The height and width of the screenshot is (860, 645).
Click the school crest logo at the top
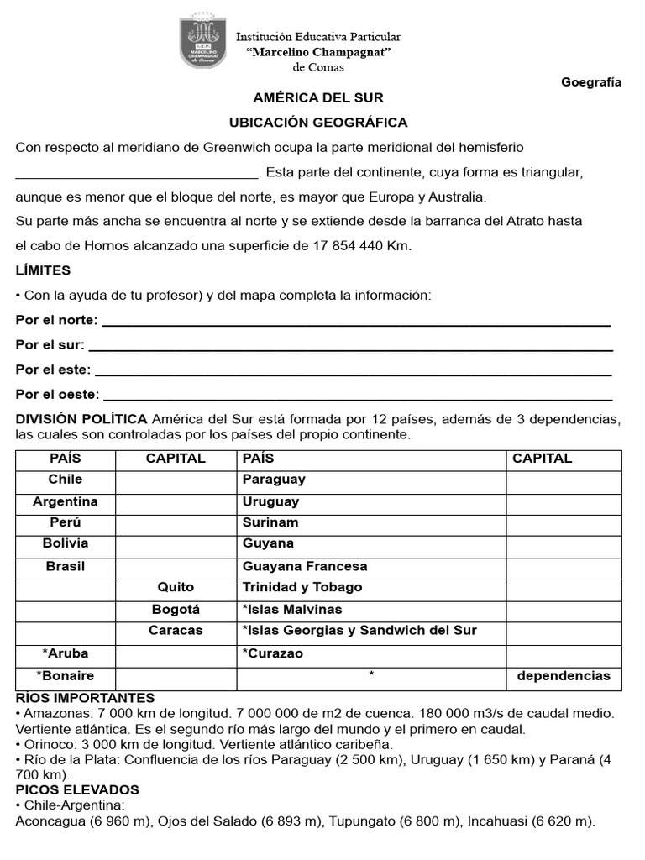pos(202,41)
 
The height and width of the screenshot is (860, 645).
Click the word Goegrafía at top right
pos(590,82)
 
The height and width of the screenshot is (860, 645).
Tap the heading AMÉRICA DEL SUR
pos(318,98)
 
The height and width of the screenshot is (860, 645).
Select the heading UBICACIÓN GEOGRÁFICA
pos(318,123)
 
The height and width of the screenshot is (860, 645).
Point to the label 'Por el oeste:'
pos(57,394)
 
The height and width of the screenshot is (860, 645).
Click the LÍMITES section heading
pos(43,270)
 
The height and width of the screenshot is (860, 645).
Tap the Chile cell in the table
pos(66,480)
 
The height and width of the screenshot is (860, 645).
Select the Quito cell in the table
pos(176,587)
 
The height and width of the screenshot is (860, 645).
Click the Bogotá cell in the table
pos(176,609)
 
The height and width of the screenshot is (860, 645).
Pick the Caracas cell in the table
pos(176,631)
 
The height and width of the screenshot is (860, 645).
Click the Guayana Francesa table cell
pos(304,566)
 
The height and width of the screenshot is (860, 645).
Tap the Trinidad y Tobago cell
pos(302,587)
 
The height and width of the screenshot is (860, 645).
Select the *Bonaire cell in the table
pos(66,676)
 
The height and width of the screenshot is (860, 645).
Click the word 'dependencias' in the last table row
pos(564,676)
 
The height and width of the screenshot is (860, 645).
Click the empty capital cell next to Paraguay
pos(564,480)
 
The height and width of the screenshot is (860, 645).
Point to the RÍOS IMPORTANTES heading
pos(85,698)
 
